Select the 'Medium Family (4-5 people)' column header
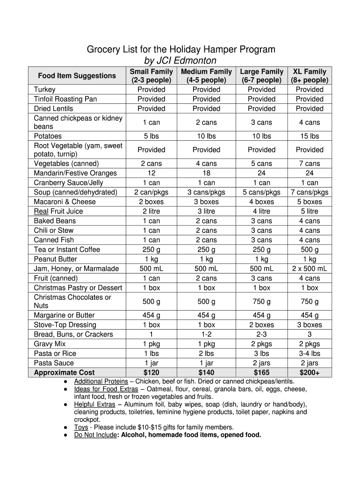click(206, 76)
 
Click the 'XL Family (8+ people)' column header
click(310, 76)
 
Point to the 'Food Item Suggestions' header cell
click(77, 76)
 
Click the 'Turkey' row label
click(45, 89)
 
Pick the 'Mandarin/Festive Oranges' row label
click(75, 173)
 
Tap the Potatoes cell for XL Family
click(310, 136)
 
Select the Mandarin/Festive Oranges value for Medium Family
click(206, 173)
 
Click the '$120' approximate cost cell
click(151, 373)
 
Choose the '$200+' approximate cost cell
click(310, 373)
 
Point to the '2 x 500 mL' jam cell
click(310, 269)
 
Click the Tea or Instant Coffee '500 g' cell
click(310, 249)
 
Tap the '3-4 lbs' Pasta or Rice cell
click(310, 354)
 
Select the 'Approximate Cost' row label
click(64, 373)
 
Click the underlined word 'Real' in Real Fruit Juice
click(42, 211)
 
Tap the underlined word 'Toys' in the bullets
click(81, 428)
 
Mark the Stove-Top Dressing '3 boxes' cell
click(310, 325)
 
